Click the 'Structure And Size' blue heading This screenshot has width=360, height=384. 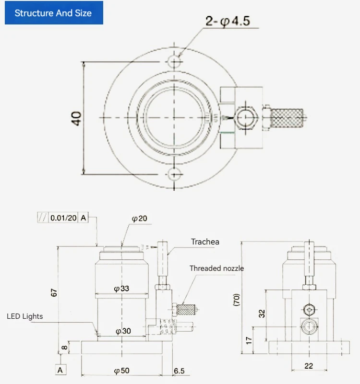53,13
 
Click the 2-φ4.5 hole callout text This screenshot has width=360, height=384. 228,22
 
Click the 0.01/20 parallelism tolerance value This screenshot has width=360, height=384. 63,218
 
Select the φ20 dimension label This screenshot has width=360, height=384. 139,219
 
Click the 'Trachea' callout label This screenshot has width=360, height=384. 205,242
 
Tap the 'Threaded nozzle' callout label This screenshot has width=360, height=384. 216,268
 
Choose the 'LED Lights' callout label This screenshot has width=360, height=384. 24,316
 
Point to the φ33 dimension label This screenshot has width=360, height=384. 121,289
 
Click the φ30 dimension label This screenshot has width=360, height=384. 123,331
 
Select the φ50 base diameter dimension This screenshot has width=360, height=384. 121,371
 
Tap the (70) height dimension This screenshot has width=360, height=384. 237,299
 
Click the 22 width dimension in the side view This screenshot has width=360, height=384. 308,366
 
